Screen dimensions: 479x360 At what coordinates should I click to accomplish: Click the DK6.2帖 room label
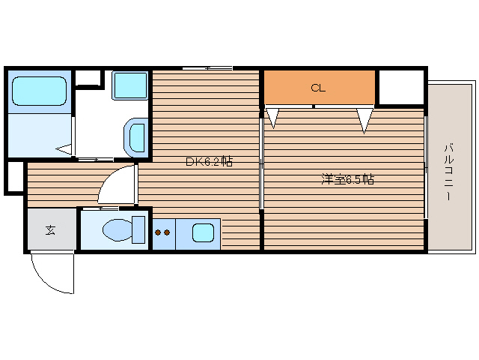pos(210,161)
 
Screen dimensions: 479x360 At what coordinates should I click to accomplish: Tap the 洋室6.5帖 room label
pos(347,179)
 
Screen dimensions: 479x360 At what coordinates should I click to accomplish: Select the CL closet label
pos(318,88)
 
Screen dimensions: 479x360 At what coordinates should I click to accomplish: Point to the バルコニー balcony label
pos(448,172)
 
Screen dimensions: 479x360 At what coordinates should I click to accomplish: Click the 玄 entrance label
pos(50,230)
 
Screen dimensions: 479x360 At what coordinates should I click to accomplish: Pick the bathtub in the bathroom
pos(39,91)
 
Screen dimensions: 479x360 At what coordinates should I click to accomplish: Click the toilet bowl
pos(118,229)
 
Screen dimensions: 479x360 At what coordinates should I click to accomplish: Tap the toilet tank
pos(138,229)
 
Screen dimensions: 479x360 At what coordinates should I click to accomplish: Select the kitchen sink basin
pos(203,232)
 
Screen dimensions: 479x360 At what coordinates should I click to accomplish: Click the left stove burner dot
pos(158,232)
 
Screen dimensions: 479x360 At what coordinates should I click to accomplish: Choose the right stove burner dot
pos(167,232)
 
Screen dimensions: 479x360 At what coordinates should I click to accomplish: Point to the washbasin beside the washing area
pos(136,137)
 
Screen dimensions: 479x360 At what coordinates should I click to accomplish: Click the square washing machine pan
pos(129,85)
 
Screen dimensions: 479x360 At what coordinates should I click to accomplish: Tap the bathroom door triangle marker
pos(64,149)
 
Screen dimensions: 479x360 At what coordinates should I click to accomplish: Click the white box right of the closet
pos(401,87)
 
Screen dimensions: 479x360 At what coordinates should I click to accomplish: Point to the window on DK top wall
pos(207,68)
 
